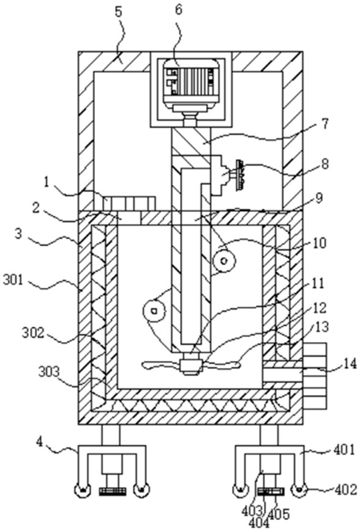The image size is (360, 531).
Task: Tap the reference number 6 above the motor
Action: coord(179,10)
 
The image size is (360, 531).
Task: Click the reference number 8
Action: coord(325,164)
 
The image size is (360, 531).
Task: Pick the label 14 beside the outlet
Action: coord(350,364)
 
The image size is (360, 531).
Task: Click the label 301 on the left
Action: coord(13,281)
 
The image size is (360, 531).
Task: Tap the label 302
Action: coord(33,333)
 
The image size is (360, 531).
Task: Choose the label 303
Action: coord(48,372)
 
